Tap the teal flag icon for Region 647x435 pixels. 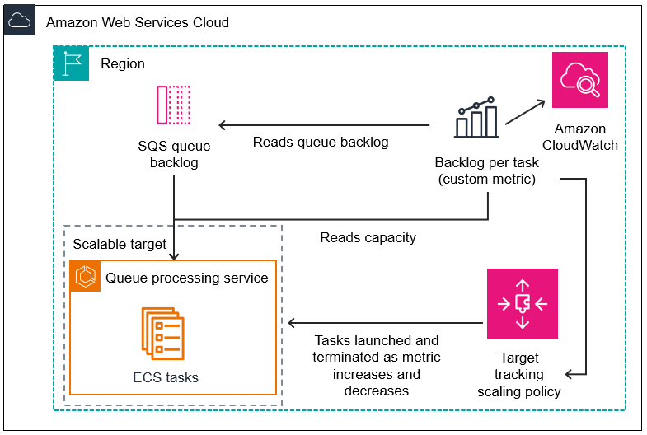(71, 63)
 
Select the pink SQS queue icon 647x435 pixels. (173, 105)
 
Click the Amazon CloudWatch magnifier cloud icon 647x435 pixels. (579, 80)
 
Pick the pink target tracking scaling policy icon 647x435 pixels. (522, 304)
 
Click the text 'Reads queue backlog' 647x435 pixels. (320, 142)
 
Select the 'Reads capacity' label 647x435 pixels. (368, 237)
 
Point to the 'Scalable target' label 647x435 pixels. (120, 244)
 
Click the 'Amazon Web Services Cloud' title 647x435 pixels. (138, 22)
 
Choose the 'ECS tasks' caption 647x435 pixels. (166, 377)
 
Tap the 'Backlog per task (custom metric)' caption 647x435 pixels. (486, 171)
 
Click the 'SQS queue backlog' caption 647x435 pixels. (174, 155)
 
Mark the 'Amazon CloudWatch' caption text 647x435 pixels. (579, 137)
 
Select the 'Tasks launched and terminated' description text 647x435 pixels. (376, 365)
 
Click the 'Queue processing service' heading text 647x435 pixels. (186, 278)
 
